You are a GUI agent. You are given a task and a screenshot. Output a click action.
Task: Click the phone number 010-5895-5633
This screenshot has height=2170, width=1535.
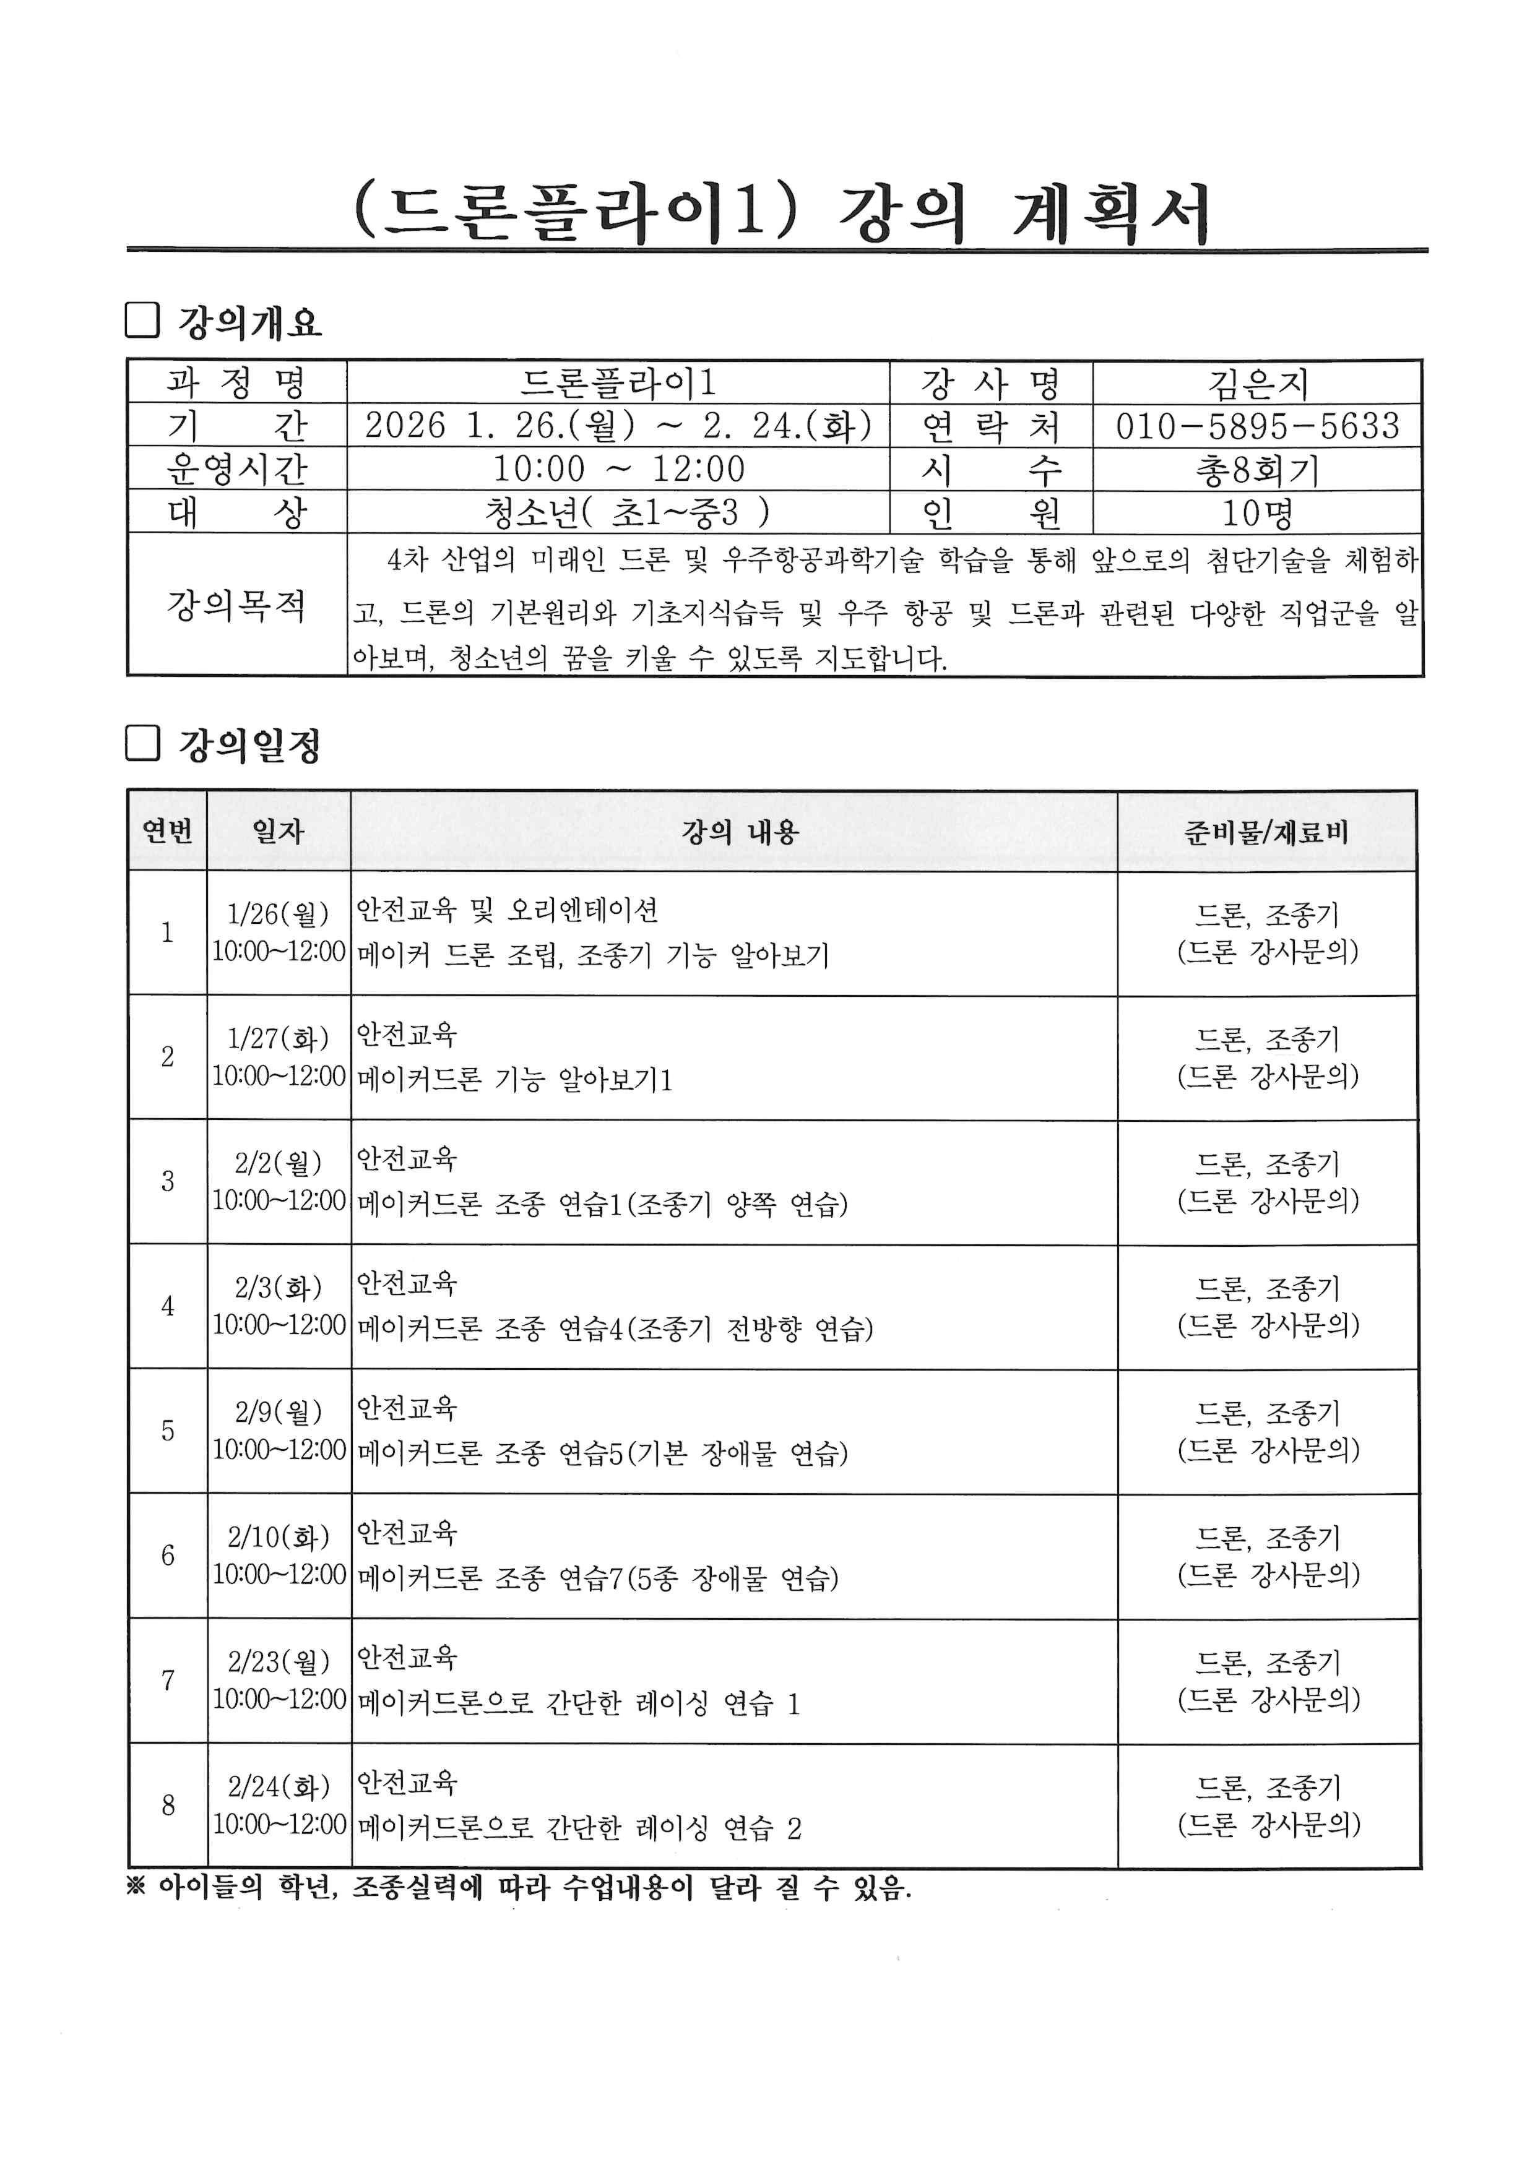(1256, 426)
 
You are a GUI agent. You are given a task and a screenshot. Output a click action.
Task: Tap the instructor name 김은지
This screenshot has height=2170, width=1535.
(1257, 384)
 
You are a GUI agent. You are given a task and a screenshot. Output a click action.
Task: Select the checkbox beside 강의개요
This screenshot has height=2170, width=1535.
(142, 321)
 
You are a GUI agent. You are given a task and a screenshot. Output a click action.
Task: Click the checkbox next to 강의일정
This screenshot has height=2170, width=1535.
(142, 743)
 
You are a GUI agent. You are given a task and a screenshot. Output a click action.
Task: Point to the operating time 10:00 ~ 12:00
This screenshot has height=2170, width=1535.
(618, 469)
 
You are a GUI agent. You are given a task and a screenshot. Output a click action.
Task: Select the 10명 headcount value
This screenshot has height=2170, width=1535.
(1257, 513)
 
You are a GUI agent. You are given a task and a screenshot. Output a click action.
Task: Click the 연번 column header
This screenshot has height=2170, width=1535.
(167, 832)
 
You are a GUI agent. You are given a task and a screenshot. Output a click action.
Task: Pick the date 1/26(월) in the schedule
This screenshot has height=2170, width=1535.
(278, 914)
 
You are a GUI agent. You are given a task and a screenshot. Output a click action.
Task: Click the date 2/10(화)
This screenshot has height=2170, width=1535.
(278, 1538)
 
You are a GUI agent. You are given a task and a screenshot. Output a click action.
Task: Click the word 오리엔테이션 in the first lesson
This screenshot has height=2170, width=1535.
(582, 910)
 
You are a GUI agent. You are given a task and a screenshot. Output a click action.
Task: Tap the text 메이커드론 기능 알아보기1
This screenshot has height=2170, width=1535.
(515, 1079)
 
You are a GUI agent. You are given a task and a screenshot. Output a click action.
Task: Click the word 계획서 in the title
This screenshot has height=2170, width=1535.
(1110, 213)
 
